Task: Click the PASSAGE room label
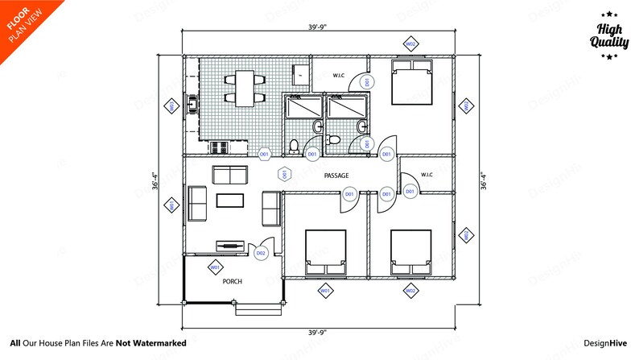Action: [x=336, y=174]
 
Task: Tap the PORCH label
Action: [x=233, y=281]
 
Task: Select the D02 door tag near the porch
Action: [x=260, y=253]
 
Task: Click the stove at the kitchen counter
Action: [x=218, y=147]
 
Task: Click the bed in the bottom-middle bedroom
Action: [x=325, y=252]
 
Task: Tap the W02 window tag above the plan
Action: [x=410, y=43]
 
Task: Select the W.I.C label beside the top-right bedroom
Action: [x=339, y=76]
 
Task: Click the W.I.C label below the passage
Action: [x=426, y=175]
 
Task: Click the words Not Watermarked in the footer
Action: [x=150, y=343]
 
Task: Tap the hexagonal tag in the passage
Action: [x=284, y=173]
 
